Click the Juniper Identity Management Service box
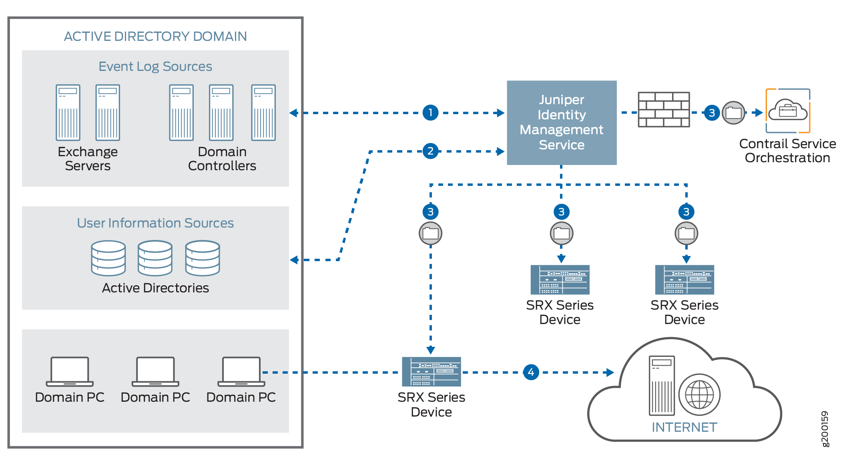(561, 122)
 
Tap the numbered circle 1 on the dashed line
(430, 113)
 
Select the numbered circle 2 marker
(430, 151)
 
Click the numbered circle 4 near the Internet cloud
(531, 372)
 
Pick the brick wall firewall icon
(664, 109)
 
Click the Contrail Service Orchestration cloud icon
(788, 111)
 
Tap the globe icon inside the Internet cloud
(699, 395)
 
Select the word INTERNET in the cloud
(684, 427)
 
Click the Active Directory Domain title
(155, 36)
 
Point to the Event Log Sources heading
(155, 66)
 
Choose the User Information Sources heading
(155, 223)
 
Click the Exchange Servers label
(88, 159)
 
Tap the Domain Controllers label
(222, 159)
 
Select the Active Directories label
(155, 288)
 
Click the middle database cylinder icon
(155, 258)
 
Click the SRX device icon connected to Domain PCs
(431, 372)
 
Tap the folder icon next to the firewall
(733, 113)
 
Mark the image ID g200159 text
(825, 429)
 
